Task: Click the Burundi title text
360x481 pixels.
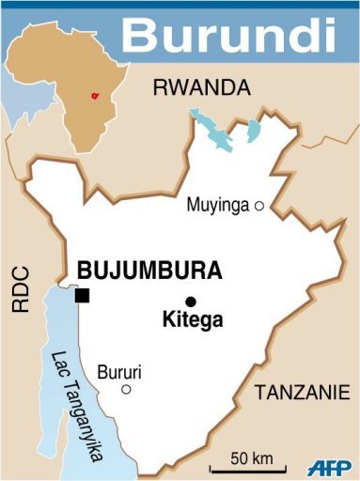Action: pyautogui.click(x=228, y=35)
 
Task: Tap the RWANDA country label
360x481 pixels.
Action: pyautogui.click(x=201, y=89)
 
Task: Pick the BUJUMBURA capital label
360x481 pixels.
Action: pyautogui.click(x=149, y=272)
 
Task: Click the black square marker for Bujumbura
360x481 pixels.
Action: pyautogui.click(x=82, y=296)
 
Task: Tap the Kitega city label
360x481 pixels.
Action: pyautogui.click(x=192, y=321)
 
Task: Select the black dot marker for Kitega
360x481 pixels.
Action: pyautogui.click(x=191, y=302)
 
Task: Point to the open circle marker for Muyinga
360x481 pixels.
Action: pyautogui.click(x=259, y=205)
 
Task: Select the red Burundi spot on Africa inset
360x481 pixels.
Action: pyautogui.click(x=93, y=96)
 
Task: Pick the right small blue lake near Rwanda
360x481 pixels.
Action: pyautogui.click(x=254, y=130)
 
